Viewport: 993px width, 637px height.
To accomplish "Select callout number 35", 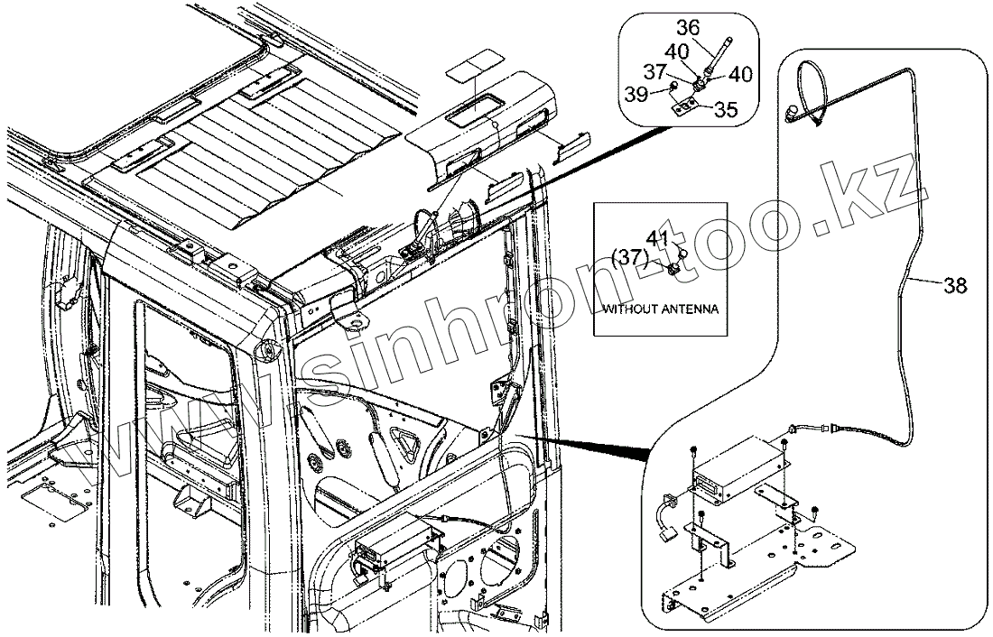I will (x=724, y=109).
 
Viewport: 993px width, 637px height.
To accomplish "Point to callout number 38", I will (x=955, y=286).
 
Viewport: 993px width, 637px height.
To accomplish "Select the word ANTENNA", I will (x=691, y=309).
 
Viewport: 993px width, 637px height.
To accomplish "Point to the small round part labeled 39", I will (x=673, y=86).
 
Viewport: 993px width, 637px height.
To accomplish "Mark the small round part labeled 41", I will (x=682, y=254).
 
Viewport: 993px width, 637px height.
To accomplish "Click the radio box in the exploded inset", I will (x=738, y=465).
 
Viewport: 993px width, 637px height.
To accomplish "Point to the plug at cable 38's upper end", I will (x=792, y=111).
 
